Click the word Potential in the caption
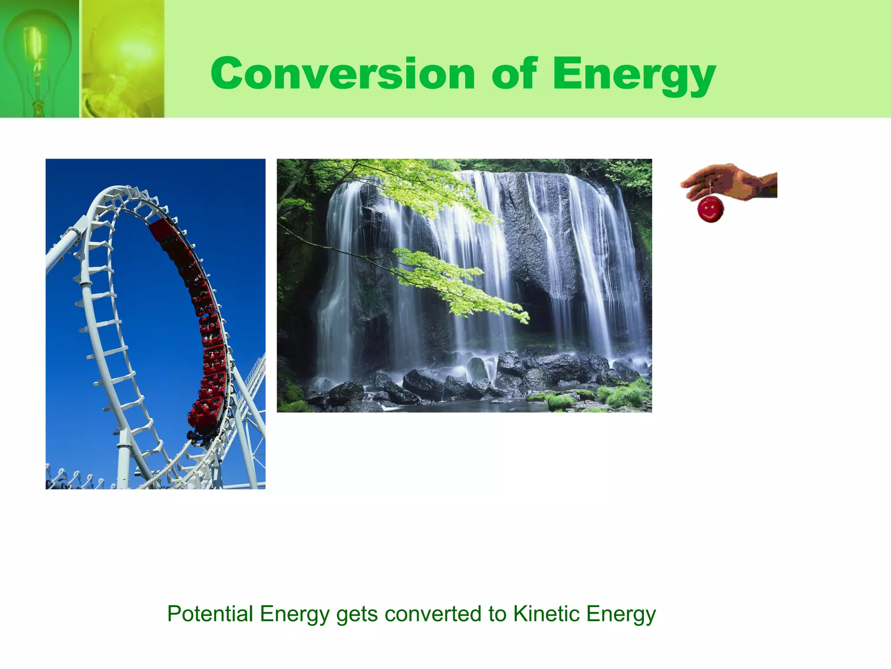[210, 614]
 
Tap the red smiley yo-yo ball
[710, 209]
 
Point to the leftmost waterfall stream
[335, 283]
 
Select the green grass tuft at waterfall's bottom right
[626, 394]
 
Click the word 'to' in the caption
[497, 614]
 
